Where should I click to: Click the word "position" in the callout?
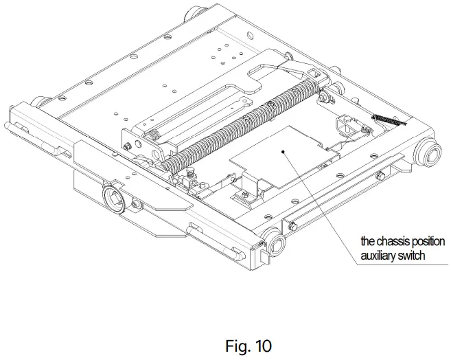click(428, 242)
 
